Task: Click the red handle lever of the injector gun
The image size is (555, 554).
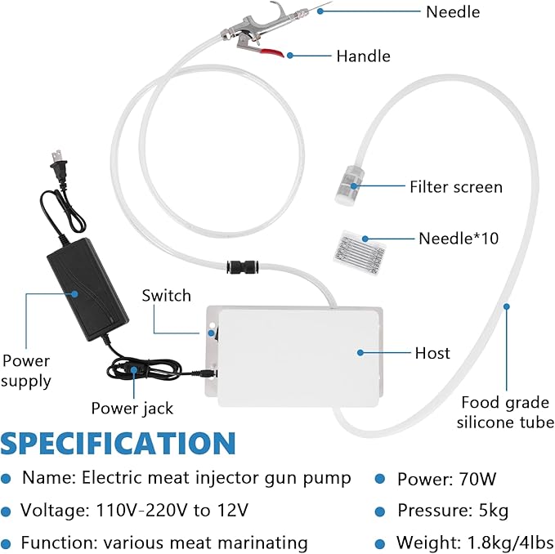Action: (272, 52)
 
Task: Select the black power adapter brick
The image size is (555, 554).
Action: (87, 289)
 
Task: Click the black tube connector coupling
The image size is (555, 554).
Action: (243, 266)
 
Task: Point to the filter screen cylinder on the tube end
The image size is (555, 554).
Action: (349, 185)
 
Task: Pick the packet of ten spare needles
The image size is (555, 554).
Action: (359, 252)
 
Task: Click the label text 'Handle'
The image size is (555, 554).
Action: (364, 56)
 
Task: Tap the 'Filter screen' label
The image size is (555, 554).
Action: (456, 187)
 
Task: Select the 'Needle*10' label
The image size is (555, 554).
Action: (459, 239)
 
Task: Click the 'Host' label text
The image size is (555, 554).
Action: (432, 353)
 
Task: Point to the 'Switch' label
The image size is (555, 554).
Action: (167, 296)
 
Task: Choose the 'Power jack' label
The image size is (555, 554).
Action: (132, 409)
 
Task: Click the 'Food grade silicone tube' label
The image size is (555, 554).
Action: (505, 412)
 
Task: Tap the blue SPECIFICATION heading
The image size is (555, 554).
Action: (118, 443)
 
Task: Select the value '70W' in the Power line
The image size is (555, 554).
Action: (477, 480)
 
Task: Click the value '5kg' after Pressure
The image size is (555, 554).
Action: (494, 511)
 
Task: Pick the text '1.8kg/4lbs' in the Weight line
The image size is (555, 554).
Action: (510, 543)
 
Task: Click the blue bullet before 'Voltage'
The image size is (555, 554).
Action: (6, 512)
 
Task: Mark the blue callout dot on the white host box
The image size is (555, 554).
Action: (360, 353)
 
